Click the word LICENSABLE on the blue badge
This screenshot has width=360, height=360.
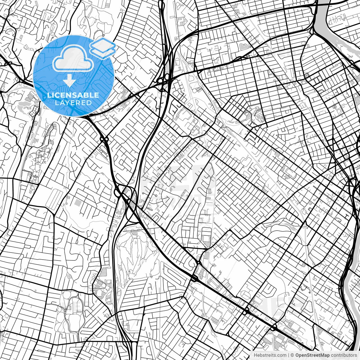(73, 95)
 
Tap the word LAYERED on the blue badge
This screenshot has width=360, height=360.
(73, 103)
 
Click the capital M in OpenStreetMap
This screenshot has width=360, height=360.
(323, 355)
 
